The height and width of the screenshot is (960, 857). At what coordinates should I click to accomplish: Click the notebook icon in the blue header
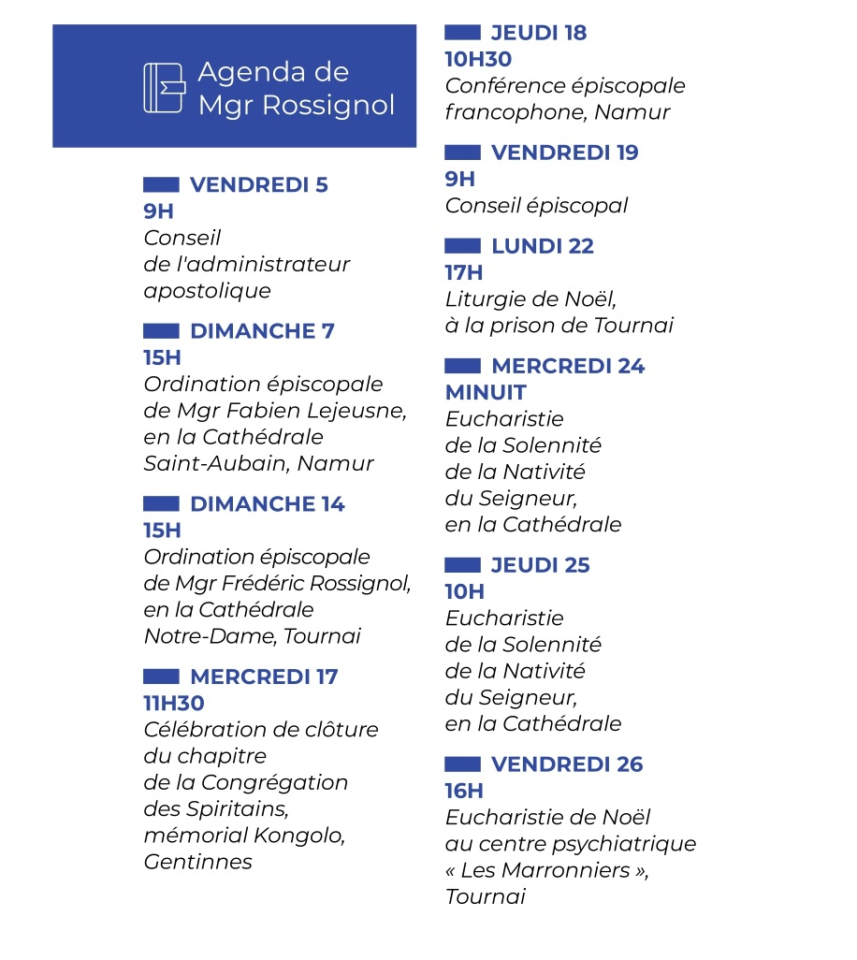[x=164, y=88]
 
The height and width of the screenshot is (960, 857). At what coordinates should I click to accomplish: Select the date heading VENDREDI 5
[x=258, y=185]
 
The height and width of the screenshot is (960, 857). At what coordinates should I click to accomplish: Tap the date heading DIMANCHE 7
[x=261, y=331]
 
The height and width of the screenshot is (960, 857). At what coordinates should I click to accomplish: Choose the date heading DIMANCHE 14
[x=267, y=504]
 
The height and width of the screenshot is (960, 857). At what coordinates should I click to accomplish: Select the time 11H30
[x=174, y=704]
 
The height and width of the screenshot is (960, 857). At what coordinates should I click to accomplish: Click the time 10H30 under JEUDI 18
[x=478, y=60]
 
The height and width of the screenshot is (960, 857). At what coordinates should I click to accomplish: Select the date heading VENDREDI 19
[x=564, y=153]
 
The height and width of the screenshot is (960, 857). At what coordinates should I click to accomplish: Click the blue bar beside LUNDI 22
[x=462, y=246]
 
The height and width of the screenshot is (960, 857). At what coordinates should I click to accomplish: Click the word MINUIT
[x=486, y=393]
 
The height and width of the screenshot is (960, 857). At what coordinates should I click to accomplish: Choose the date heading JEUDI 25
[x=541, y=565]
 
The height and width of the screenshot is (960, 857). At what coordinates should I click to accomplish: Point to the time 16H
[x=464, y=792]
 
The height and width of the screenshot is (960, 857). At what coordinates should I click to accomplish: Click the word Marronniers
[x=585, y=870]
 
